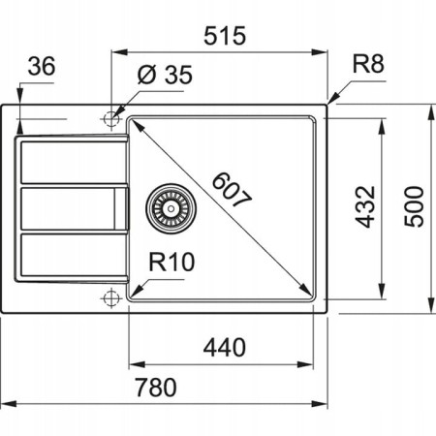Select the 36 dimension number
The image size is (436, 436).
[42, 68]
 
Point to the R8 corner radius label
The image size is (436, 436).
[368, 66]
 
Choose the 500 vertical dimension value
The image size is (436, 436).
[414, 206]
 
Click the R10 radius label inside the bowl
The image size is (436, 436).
[171, 262]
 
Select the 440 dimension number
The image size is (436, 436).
[222, 346]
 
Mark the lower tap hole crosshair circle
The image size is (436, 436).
[109, 296]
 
